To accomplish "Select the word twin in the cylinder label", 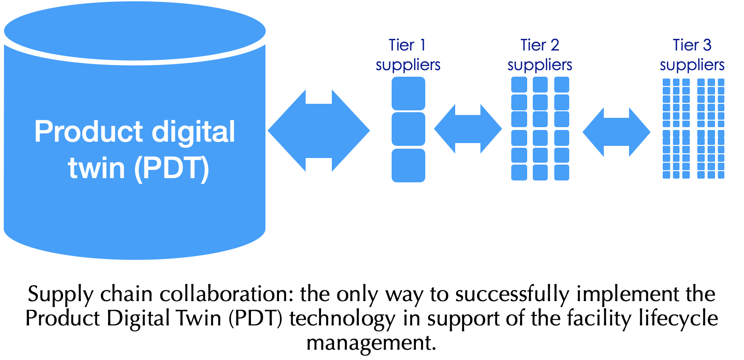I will pos(96,168).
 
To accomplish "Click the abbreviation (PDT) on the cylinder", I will pos(172,168).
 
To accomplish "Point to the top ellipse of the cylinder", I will pos(135,31).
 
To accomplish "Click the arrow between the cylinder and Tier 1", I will pos(319,131).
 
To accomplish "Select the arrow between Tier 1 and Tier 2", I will pos(468,129).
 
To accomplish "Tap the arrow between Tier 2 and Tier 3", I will pos(616,132).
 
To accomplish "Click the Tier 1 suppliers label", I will pos(408,55).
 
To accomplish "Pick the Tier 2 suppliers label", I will pos(540,55).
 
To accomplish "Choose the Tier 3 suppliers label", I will pos(692,55).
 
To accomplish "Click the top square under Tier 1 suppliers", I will pos(408,94).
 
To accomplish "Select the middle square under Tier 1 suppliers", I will pos(408,129).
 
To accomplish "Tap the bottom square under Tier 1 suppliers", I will pos(408,165).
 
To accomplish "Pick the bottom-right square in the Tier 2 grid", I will pos(562,173).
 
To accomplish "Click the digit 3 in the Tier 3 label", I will pos(707,45).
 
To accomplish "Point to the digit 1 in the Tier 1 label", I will pos(422,45).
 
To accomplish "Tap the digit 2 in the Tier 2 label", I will pos(554,45).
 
